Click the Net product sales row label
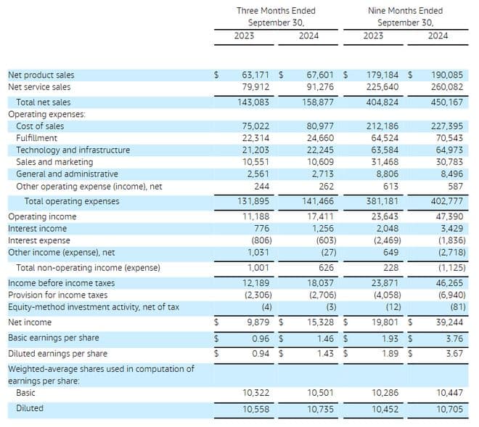(x=41, y=75)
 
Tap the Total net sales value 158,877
(x=319, y=102)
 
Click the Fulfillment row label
(x=37, y=138)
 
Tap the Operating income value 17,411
(x=320, y=216)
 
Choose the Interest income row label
(x=37, y=229)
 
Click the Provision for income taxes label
(x=57, y=295)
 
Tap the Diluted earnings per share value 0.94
(x=258, y=354)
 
